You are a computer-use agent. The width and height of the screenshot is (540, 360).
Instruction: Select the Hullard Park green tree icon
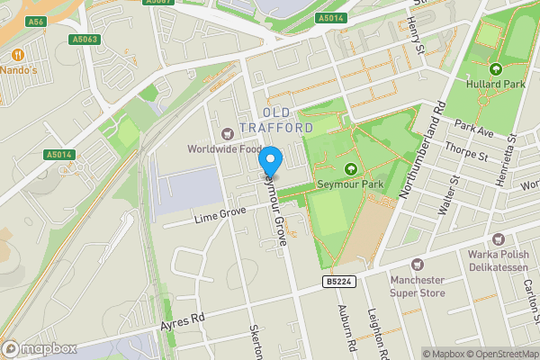click(x=495, y=68)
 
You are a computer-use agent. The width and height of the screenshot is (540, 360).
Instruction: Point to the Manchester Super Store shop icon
click(x=417, y=265)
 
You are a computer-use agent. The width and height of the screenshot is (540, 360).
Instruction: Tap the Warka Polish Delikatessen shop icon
click(x=498, y=239)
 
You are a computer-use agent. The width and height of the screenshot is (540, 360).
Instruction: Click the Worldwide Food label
click(x=224, y=148)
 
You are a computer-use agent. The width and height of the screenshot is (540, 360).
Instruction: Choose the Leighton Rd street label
click(x=378, y=331)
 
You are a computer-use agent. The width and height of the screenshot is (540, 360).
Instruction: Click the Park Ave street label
click(x=475, y=129)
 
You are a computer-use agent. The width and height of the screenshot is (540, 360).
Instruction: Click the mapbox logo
click(x=38, y=348)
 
